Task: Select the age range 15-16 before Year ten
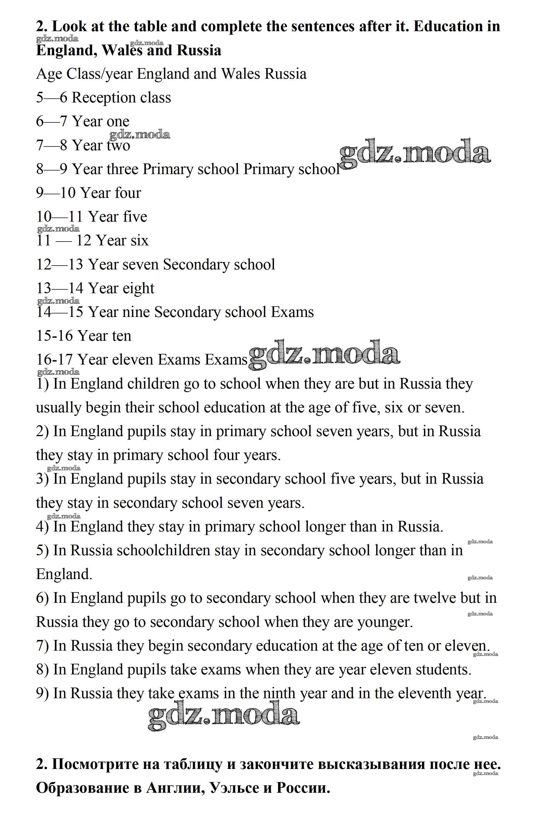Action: click(x=54, y=336)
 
